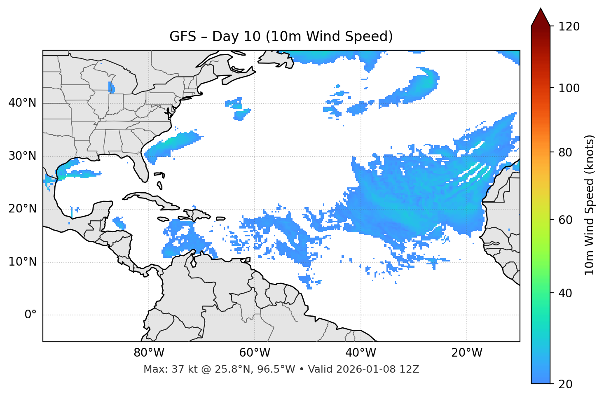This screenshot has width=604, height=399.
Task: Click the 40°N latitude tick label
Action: point(22,103)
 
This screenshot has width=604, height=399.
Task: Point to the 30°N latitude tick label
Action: point(22,156)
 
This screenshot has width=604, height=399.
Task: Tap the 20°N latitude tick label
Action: point(22,209)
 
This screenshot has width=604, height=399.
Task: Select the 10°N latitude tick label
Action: point(22,262)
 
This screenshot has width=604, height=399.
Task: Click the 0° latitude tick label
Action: point(30,315)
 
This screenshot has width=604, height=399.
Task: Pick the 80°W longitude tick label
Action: point(149,353)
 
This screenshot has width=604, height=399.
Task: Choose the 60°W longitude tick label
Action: point(255,353)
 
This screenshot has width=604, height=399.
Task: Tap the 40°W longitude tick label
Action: point(361,353)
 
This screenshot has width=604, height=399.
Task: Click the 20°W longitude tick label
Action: point(467,353)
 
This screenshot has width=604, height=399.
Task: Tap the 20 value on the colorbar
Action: point(566,384)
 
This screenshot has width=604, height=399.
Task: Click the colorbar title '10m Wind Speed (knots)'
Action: point(590,205)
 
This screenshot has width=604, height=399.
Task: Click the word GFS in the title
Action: point(183,37)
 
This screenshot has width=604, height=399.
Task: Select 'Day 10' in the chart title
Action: point(236,37)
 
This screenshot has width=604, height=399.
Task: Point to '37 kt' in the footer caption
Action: point(183,369)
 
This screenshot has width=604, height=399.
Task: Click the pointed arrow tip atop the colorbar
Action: point(541,12)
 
